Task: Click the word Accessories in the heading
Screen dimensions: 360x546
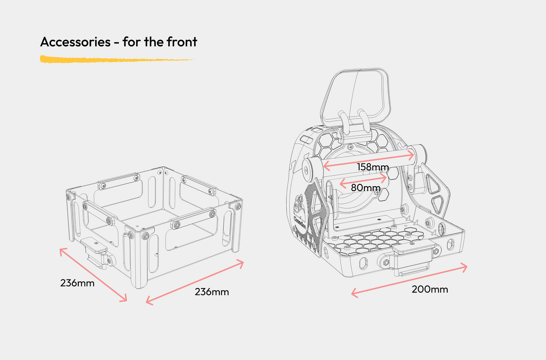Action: [75, 42]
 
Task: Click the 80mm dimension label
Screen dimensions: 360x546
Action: [365, 187]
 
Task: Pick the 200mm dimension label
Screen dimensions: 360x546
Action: [430, 289]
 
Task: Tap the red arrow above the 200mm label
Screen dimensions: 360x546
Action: [409, 280]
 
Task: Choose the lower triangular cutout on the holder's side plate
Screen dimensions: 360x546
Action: [440, 203]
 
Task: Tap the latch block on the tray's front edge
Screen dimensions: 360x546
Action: [412, 257]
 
